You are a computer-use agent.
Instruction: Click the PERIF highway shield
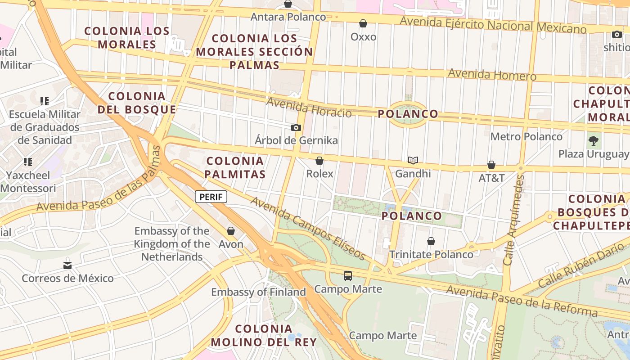click(211, 197)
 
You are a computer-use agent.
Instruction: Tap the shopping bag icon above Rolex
click(319, 161)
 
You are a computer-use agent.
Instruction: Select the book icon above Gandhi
click(413, 160)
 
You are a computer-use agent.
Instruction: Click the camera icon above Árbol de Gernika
click(296, 128)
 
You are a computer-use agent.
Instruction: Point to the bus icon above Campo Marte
click(348, 275)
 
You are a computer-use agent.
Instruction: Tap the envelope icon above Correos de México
click(67, 265)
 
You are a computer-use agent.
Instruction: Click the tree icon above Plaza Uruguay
click(593, 141)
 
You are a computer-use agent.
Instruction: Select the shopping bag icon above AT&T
click(491, 165)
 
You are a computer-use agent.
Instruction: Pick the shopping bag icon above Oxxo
click(363, 23)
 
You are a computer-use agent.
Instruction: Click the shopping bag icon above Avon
click(231, 231)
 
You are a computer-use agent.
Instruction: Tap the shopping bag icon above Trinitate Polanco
click(431, 241)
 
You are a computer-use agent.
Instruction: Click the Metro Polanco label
click(526, 136)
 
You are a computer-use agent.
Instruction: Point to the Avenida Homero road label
click(492, 74)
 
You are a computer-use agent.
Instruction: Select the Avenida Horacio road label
click(309, 108)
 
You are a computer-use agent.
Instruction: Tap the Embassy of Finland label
click(258, 292)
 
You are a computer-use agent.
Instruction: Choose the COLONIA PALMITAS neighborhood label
click(235, 167)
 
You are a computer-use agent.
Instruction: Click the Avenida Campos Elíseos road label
click(308, 228)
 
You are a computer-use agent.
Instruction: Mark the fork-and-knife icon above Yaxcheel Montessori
click(28, 162)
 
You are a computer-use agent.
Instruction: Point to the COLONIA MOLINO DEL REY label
click(264, 335)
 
